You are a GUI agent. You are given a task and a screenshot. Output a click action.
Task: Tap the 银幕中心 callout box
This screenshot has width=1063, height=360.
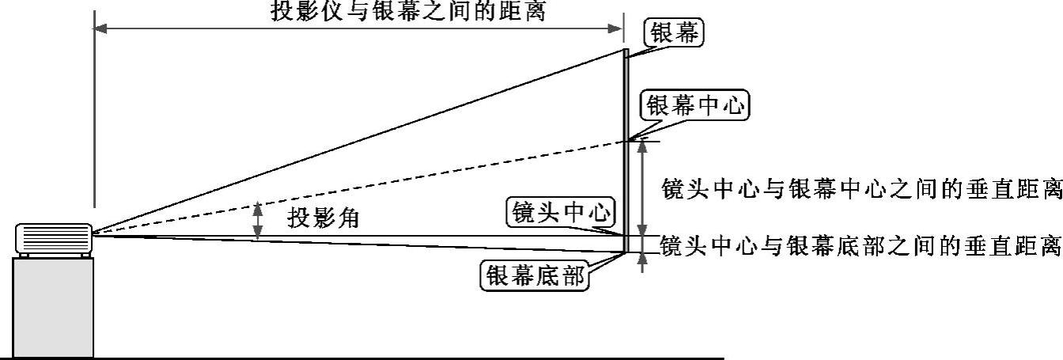tap(696, 106)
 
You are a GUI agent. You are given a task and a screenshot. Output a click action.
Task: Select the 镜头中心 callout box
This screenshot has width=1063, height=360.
tap(562, 212)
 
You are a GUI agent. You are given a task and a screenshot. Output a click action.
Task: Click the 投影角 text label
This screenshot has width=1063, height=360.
tap(323, 218)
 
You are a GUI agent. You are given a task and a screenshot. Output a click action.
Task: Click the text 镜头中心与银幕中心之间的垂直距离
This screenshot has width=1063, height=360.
tap(861, 190)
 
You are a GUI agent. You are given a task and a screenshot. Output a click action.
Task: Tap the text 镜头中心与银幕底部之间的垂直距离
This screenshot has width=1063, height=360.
tap(860, 246)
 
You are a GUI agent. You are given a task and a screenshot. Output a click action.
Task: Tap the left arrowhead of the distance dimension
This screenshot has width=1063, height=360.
tap(100, 28)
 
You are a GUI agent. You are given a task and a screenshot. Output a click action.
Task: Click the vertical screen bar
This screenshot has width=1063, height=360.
tap(625, 150)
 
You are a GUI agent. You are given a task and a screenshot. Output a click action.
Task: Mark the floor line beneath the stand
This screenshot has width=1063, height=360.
tap(395, 358)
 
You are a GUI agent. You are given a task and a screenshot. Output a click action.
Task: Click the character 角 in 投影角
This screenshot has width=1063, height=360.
tap(348, 218)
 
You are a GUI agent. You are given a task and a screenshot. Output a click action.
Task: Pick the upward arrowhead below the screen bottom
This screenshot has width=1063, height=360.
tap(642, 263)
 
